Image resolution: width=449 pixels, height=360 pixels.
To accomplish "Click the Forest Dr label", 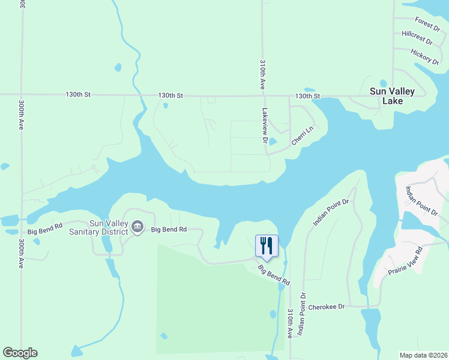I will point(427,25).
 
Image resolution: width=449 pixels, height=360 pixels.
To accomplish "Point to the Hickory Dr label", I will point(425,56).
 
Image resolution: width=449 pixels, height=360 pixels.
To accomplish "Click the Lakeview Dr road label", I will point(264,125).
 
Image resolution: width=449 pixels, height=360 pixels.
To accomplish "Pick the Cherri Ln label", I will point(303,135).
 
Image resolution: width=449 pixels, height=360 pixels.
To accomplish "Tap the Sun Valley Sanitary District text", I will point(99,227).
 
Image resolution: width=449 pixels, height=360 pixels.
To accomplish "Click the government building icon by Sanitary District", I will point(137,227).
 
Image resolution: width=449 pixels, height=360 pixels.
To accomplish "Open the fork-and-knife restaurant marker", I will point(267,245).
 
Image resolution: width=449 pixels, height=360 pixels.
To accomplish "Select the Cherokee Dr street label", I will point(327,307).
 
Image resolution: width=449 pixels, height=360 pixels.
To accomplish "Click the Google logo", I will point(20,353).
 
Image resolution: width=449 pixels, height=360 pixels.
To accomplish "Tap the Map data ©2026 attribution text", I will point(423,355).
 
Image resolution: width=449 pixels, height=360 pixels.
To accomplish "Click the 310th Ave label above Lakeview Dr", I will point(262,74).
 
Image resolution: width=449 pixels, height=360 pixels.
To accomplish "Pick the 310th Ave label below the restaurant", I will point(290,323).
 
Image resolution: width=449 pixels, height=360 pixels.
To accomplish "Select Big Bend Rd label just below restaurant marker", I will point(274,274).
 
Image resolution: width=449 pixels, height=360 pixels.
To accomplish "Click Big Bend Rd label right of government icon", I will point(169,229).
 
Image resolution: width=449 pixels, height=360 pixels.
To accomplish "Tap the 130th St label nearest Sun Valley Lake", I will point(307,96).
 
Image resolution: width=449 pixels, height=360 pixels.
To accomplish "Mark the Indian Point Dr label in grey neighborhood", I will point(422,201).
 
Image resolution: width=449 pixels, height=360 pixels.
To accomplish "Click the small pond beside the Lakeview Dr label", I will point(273,142).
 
